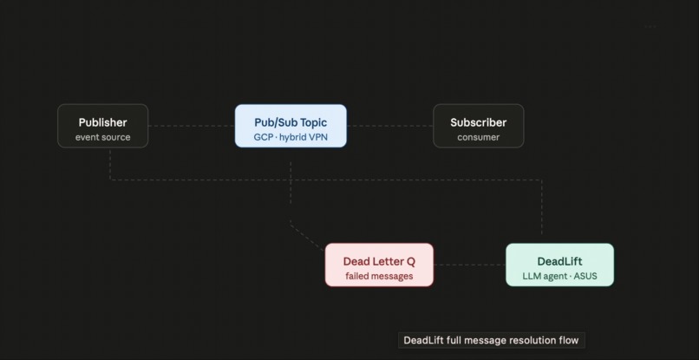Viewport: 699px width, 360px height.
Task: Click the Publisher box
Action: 102,127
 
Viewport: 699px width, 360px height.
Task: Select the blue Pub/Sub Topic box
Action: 291,127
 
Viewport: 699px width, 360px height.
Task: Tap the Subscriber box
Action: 478,127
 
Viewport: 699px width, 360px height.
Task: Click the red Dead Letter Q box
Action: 379,265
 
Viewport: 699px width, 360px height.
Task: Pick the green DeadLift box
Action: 559,265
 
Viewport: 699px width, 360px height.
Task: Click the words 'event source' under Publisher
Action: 102,137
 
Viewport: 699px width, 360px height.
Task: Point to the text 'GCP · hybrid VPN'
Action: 291,137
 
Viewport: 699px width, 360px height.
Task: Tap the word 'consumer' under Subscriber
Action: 478,137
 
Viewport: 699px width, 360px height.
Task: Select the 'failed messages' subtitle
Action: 379,277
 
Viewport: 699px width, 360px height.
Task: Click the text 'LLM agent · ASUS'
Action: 559,277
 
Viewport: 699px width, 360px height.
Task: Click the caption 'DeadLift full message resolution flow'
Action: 491,340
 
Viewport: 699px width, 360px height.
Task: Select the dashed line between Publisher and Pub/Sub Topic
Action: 192,126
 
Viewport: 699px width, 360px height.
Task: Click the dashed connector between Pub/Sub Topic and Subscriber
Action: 389,126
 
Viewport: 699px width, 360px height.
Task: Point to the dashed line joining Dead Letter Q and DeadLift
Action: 469,265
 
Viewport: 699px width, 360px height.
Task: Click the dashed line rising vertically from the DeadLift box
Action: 542,213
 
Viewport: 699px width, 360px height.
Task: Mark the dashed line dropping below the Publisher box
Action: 110,163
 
